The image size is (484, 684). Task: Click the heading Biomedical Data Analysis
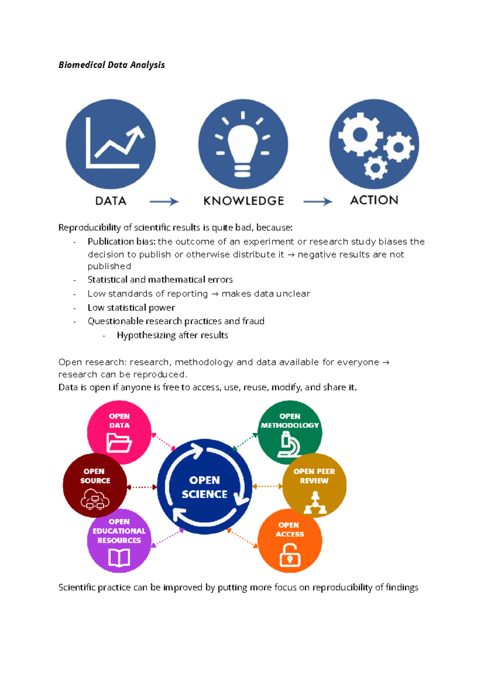tap(111, 65)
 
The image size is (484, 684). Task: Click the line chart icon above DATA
tap(115, 143)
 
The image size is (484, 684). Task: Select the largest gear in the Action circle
tap(360, 134)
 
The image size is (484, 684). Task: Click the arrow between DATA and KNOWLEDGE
tap(164, 202)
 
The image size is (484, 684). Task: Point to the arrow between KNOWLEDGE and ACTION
tap(317, 202)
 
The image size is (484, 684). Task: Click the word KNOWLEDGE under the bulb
tap(244, 201)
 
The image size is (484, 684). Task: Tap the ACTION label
tap(374, 200)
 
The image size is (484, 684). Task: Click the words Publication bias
tap(121, 242)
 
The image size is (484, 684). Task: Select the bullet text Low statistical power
tap(131, 307)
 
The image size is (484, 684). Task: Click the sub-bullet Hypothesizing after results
tap(172, 335)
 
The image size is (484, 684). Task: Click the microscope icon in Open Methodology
tap(289, 444)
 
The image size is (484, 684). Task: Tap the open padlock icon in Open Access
tap(290, 555)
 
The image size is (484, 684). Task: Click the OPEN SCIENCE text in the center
tap(204, 487)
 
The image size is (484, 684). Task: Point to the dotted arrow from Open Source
tap(142, 487)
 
